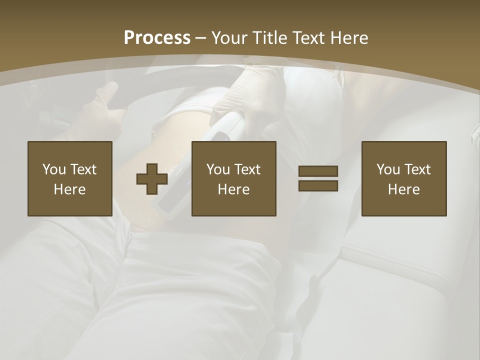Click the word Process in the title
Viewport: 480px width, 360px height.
157,37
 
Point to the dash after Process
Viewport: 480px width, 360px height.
201,38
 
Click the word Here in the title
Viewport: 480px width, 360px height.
348,37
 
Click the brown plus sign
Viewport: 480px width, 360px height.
152,179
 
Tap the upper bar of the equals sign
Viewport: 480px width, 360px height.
318,171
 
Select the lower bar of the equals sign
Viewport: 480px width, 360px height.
318,185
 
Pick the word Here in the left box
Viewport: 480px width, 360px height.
70,189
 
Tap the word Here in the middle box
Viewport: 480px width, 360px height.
234,189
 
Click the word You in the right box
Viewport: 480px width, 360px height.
388,169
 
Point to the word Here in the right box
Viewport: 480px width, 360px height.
404,189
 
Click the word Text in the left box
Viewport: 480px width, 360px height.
83,169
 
